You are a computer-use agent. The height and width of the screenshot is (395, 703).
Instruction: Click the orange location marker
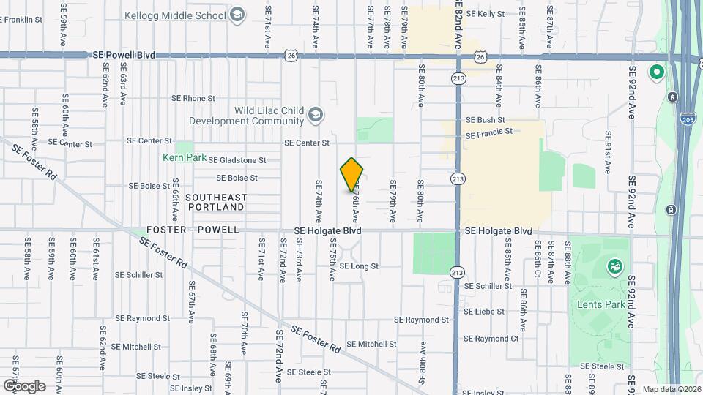352,174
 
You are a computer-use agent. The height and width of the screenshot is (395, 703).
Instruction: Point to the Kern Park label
184,157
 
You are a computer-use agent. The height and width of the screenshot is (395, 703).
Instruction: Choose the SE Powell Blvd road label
125,55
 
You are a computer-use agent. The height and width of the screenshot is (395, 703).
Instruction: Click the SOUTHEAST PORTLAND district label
216,203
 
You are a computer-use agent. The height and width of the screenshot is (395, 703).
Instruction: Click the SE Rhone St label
193,98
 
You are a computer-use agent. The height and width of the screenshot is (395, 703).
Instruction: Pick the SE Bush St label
486,119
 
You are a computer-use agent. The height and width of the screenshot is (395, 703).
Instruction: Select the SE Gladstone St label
237,160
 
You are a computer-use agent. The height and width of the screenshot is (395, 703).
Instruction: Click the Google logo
23,386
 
